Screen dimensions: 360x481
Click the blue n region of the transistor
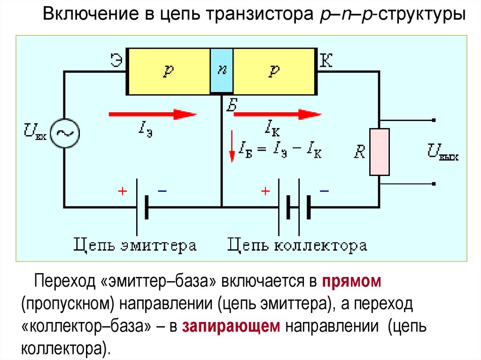tap(222, 70)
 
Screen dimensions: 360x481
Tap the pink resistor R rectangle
tap(380, 152)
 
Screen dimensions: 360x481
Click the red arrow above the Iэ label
tap(152, 114)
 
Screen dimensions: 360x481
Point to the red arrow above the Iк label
tap(277, 114)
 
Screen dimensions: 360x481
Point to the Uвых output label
tap(442, 151)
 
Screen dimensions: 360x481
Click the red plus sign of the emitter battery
tap(122, 191)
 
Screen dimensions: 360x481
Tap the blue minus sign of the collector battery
tap(324, 191)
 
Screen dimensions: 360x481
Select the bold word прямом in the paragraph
tap(351, 282)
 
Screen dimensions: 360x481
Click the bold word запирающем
tap(231, 326)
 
